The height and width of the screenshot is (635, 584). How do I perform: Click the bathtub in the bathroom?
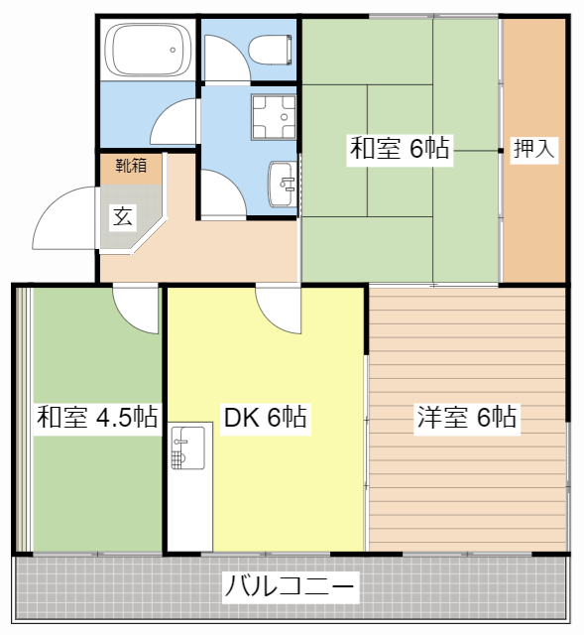148,50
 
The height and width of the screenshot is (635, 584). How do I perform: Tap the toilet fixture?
270,50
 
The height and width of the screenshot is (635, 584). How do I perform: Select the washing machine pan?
274,117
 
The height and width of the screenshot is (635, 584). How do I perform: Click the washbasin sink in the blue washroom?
283,184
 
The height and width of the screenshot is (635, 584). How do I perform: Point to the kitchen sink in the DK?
188,447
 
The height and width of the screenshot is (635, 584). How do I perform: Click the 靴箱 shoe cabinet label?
131,166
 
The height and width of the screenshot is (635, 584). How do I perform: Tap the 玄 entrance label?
123,216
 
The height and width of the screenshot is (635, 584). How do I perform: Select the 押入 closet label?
533,148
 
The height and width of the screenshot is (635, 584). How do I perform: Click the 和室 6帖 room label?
400,148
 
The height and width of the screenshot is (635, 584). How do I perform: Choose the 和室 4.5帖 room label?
97,417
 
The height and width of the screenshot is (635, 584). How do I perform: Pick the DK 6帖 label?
265,417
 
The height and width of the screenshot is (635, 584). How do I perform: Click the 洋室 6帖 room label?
467,417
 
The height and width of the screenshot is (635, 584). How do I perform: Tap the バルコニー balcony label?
290,586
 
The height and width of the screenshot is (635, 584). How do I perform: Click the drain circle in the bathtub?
173,50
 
